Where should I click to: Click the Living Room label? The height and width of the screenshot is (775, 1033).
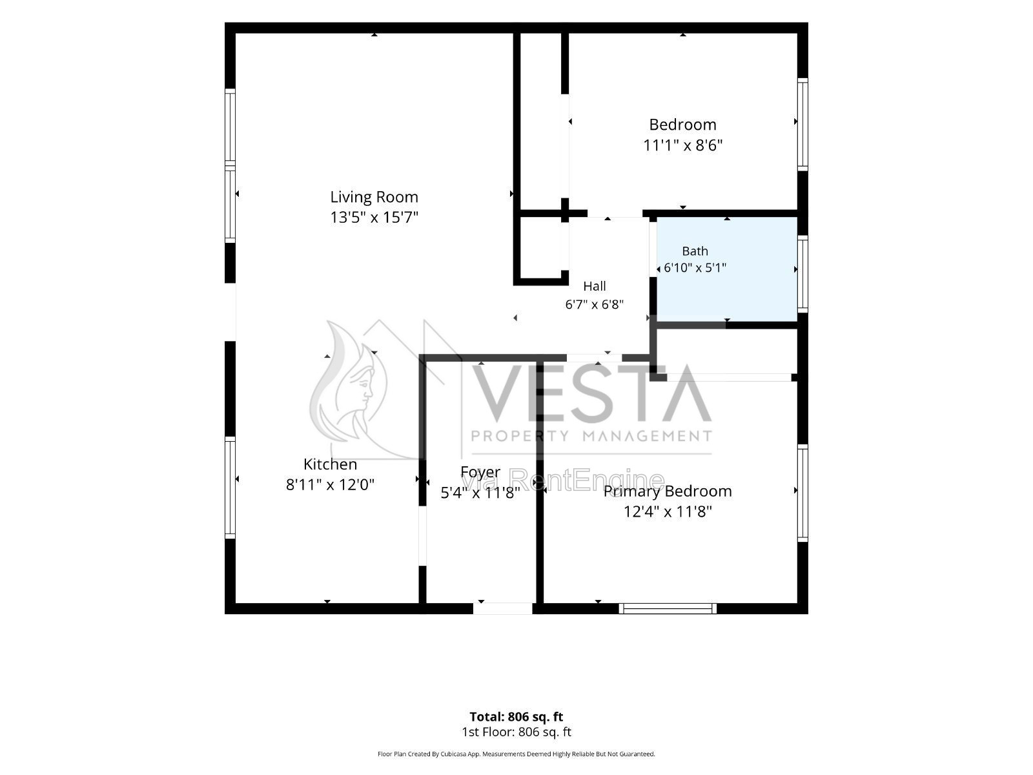pos(374,197)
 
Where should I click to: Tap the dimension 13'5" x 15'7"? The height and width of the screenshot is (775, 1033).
pos(374,217)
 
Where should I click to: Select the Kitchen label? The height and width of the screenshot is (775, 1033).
pos(330,464)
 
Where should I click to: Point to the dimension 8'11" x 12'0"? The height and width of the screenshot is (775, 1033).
pos(330,484)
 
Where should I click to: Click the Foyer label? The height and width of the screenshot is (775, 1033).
pos(480,472)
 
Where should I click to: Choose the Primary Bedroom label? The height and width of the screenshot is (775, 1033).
pos(668,491)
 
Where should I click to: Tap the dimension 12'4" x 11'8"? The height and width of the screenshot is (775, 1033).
pos(668,511)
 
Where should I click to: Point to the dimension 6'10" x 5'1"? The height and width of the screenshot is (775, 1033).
pos(695,268)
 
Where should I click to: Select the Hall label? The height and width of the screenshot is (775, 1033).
pos(595,286)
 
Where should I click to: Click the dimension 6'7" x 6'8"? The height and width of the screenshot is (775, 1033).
pos(595,304)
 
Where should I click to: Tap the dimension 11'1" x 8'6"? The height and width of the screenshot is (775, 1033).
pos(682,145)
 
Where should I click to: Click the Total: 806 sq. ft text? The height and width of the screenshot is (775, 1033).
pos(516,717)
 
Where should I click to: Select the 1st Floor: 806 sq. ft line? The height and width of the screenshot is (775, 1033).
pos(516,732)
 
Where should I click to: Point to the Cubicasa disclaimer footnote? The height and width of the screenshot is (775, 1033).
pos(516,754)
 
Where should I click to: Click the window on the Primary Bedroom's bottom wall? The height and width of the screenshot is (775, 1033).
pos(668,608)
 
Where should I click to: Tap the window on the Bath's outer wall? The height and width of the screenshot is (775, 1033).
pos(803,274)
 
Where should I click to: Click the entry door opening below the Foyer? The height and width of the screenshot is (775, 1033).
pos(502,608)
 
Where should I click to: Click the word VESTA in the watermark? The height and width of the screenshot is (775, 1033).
pos(592,394)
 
